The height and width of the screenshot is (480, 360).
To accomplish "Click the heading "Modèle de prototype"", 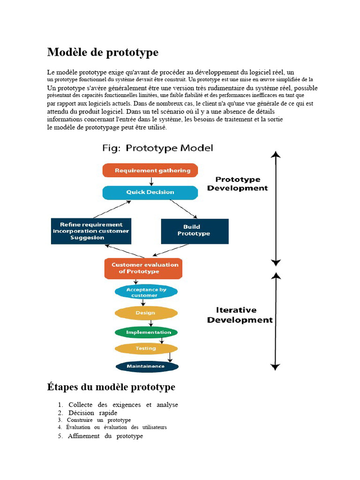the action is point(103,52).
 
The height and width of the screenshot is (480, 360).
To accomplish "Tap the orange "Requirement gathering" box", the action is point(150,171).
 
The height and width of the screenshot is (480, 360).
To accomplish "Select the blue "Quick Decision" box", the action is point(150,193).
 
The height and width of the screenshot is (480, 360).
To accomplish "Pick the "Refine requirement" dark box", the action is point(91,231).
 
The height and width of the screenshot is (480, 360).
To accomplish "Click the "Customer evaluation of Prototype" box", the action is point(143,269).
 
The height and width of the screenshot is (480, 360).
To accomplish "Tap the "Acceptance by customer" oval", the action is point(146,292).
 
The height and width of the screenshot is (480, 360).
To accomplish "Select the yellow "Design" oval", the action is point(146,313).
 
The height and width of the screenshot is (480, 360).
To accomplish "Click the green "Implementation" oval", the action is point(146,332).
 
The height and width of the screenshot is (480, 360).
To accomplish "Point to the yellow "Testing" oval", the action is point(146,349).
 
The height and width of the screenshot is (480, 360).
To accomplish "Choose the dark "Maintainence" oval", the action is point(147,367).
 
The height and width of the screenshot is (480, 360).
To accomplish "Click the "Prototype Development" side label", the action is point(238,184).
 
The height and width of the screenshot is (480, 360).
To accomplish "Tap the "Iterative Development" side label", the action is point(240,315).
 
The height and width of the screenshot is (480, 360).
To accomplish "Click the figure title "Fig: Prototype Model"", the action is point(157,148).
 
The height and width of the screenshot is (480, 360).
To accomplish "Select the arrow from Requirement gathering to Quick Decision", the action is point(151,181).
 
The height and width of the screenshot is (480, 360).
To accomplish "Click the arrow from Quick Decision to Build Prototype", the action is point(184,209).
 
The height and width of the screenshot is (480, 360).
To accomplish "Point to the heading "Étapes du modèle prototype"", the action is point(111,387).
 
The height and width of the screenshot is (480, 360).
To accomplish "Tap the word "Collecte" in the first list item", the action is point(80,405).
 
